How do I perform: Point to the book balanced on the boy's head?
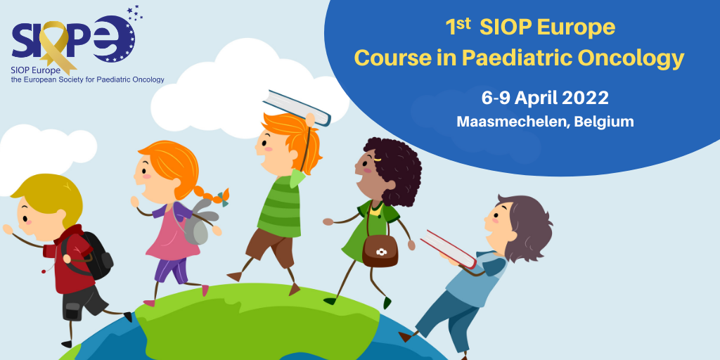[297, 107]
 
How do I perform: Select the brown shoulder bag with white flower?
[380, 250]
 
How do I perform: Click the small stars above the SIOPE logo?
[134, 13]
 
